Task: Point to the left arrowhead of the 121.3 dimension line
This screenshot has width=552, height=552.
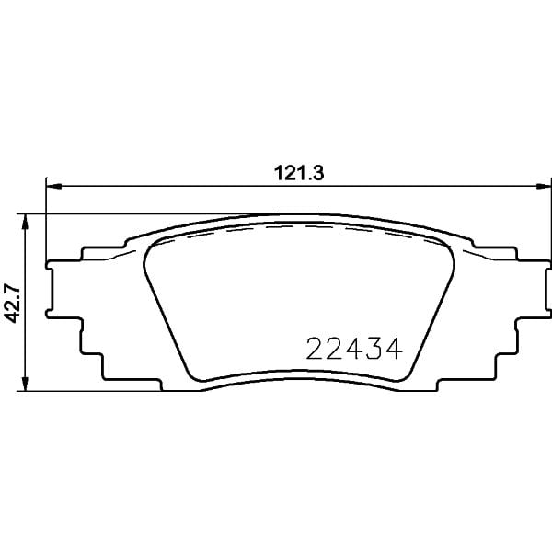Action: click(52, 187)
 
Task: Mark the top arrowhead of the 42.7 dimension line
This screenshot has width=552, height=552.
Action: click(29, 220)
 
